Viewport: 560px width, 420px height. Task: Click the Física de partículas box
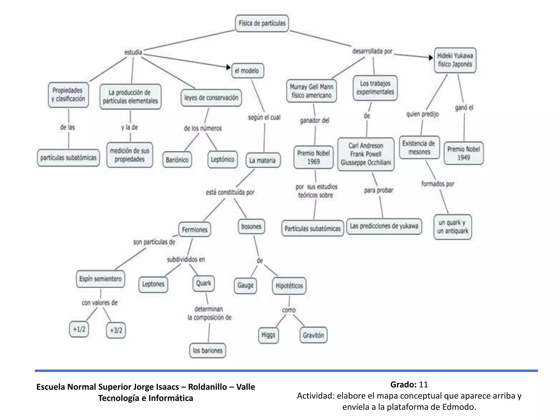[x=262, y=23]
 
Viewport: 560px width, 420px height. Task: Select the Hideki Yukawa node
[x=455, y=60]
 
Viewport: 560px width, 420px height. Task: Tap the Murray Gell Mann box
[x=311, y=91]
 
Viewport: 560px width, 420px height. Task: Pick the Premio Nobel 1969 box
[x=313, y=157]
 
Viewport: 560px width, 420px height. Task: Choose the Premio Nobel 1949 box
[x=463, y=153]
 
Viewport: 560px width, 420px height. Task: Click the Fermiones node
[x=195, y=230]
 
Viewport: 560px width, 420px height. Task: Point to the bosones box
[x=251, y=226]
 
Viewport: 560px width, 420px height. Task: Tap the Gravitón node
[x=313, y=335]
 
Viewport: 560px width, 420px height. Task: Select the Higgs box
[x=268, y=335]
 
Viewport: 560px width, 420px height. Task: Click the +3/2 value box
[x=116, y=330]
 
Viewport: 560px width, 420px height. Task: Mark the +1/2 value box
[x=79, y=329]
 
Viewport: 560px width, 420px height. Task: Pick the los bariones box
[x=208, y=350]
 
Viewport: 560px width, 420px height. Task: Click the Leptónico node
[x=222, y=159]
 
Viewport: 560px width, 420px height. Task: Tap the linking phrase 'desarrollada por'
[x=372, y=51]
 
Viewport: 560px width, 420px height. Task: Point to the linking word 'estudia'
[x=133, y=52]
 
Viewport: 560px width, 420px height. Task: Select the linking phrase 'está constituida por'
[x=230, y=192]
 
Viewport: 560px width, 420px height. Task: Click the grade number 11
[x=423, y=384]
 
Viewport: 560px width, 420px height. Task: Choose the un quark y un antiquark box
[x=453, y=227]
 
